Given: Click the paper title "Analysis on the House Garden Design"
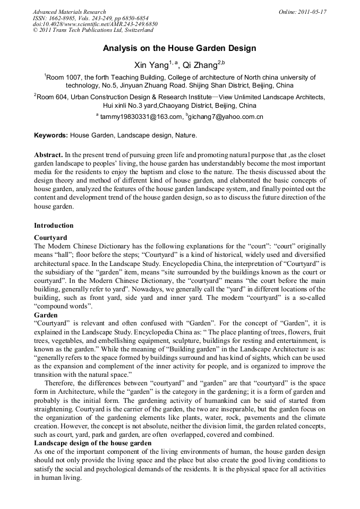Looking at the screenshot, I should (x=179, y=48).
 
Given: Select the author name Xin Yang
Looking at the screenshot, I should (x=151, y=65).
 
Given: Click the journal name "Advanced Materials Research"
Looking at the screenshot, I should (x=69, y=12).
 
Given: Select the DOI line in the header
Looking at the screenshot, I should (x=95, y=24).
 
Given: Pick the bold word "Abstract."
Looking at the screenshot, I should (x=49, y=154).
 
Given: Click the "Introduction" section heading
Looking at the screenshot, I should (x=54, y=226).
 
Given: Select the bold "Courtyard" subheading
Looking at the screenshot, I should (x=50, y=237).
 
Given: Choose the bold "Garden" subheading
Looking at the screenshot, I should (x=46, y=315).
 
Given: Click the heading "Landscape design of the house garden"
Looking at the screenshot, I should (x=93, y=443).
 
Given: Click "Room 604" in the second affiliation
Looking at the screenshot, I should (x=55, y=98).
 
